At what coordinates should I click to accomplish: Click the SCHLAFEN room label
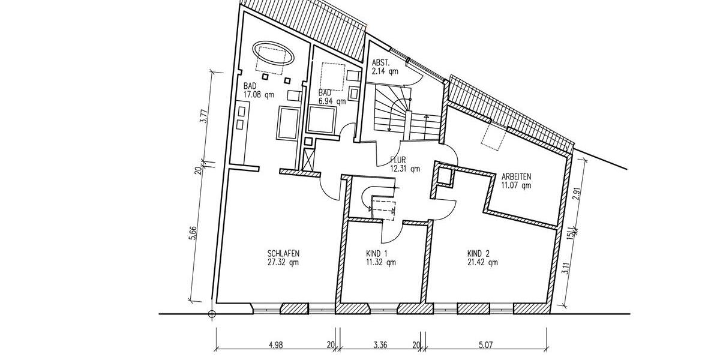click(276, 253)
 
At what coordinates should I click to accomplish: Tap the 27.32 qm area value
click(276, 262)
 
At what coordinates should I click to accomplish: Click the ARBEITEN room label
click(516, 177)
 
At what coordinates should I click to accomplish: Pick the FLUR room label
click(398, 160)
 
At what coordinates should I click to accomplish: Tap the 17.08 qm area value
click(259, 94)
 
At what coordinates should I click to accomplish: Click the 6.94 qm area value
click(332, 101)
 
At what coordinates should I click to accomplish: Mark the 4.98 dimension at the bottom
click(275, 344)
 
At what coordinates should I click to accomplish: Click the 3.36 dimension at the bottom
click(380, 344)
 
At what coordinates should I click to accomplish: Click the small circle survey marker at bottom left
click(211, 313)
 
